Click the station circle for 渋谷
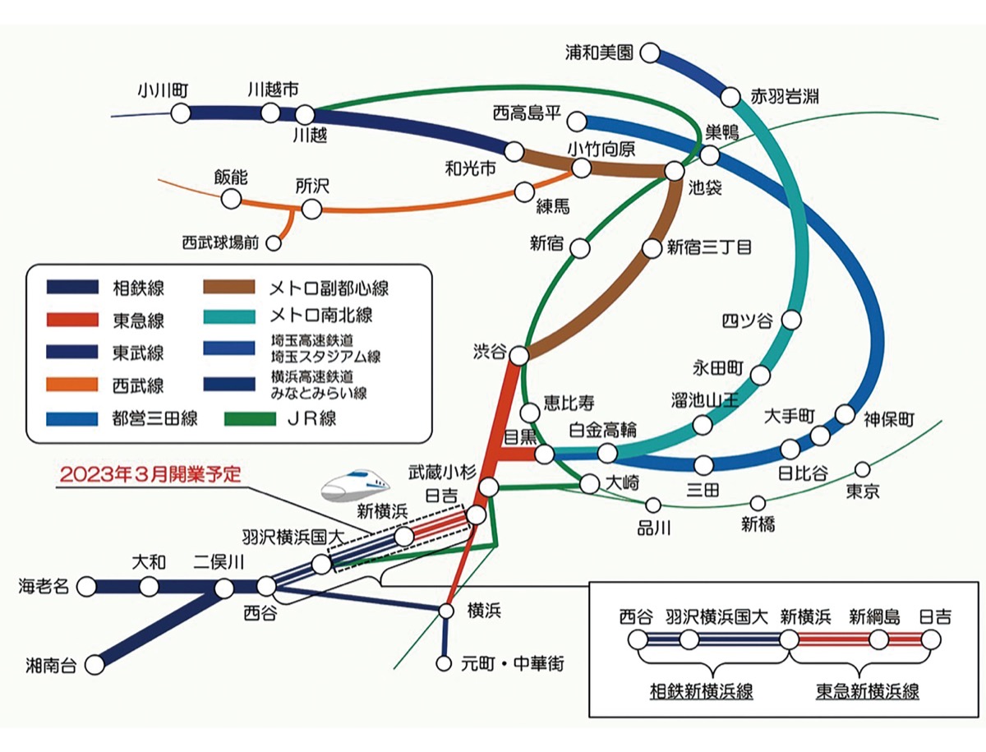[x=519, y=354]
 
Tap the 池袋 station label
[x=705, y=188]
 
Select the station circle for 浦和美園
[x=649, y=53]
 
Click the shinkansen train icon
[x=355, y=484]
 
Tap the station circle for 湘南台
[x=97, y=663]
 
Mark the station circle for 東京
[x=862, y=469]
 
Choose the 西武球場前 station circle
[x=274, y=242]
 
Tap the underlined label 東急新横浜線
[x=867, y=692]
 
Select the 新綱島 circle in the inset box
[x=878, y=640]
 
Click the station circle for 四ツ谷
[x=792, y=319]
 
